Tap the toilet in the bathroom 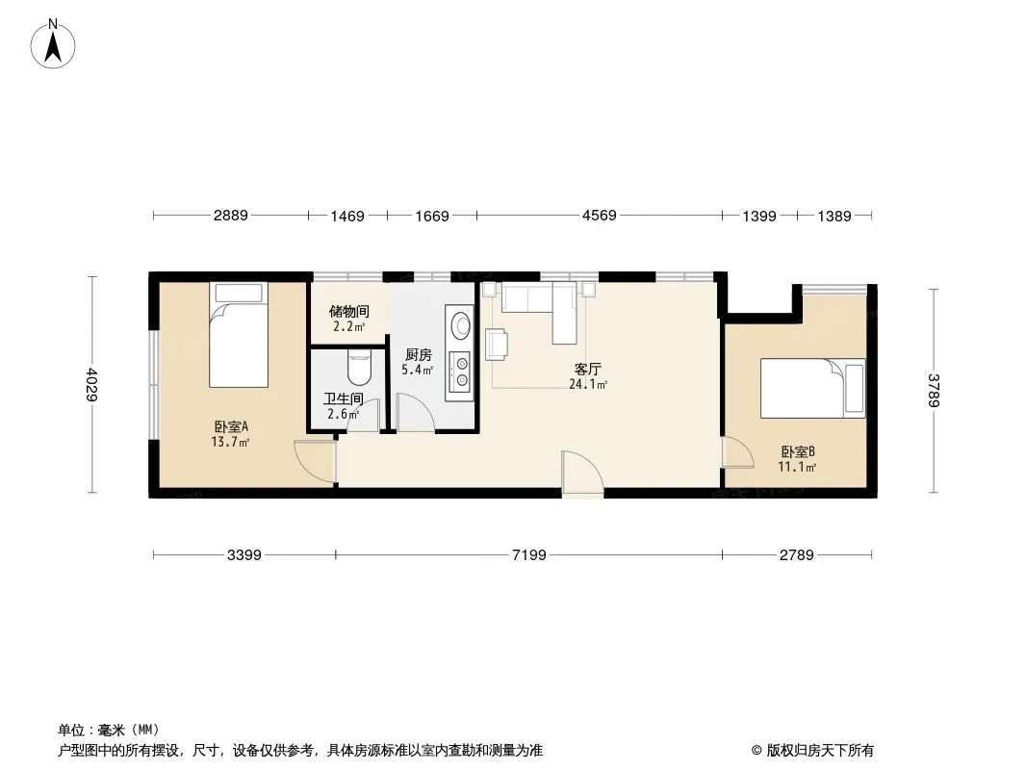pos(359,368)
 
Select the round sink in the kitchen pos(460,323)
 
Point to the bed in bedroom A pos(238,334)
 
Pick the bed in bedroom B pos(812,387)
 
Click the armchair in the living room pos(497,345)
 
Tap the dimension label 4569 pos(599,216)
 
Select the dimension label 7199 pos(528,555)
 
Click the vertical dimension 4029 pos(92,384)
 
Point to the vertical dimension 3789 pos(934,390)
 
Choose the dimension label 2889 pos(230,216)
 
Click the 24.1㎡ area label pos(588,385)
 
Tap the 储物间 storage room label pos(348,312)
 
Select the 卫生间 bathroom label pos(344,398)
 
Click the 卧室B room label pos(798,451)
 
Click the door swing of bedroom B pos(738,452)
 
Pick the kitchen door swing pos(415,413)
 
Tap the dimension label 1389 pos(834,216)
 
